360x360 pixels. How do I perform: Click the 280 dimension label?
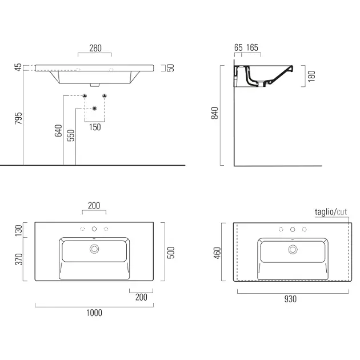pyautogui.click(x=95, y=48)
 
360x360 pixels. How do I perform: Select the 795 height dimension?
pyautogui.click(x=19, y=118)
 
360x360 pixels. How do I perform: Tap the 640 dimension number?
pyautogui.click(x=58, y=130)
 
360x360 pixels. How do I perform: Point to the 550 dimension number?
pyautogui.click(x=71, y=135)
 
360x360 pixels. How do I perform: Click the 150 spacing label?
pyautogui.click(x=95, y=127)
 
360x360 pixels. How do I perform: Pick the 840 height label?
pyautogui.click(x=215, y=113)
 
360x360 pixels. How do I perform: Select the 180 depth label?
pyautogui.click(x=311, y=76)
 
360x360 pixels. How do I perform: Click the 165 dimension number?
pyautogui.click(x=252, y=47)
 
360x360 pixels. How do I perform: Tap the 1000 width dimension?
pyautogui.click(x=94, y=313)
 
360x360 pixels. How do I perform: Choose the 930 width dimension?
pyautogui.click(x=290, y=299)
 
